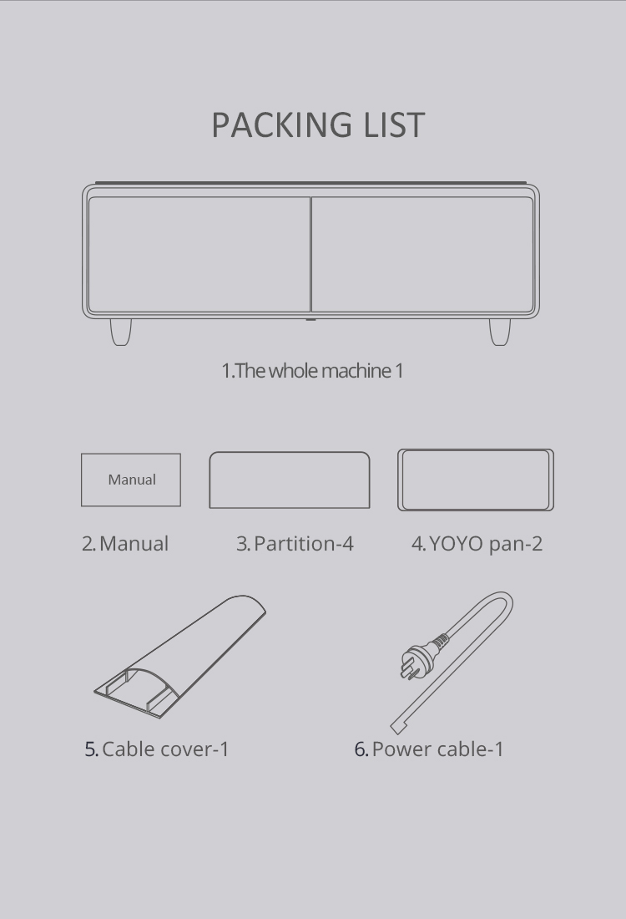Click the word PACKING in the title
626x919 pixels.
pyautogui.click(x=281, y=124)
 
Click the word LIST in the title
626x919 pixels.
pyautogui.click(x=394, y=124)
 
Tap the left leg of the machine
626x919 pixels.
pyautogui.click(x=121, y=333)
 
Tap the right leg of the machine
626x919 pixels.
pyautogui.click(x=499, y=333)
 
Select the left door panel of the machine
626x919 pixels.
pyautogui.click(x=199, y=254)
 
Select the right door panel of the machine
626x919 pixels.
pyautogui.click(x=422, y=254)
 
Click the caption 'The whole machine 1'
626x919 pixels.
pyautogui.click(x=312, y=371)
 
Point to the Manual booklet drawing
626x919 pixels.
pyautogui.click(x=130, y=480)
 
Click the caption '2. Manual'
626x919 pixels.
pyautogui.click(x=125, y=544)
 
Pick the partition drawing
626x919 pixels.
pyautogui.click(x=290, y=480)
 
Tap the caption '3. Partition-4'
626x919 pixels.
pyautogui.click(x=295, y=544)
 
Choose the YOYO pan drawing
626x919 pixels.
pyautogui.click(x=476, y=480)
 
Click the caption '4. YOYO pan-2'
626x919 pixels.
pyautogui.click(x=477, y=544)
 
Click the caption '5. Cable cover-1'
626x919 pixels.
pyautogui.click(x=156, y=749)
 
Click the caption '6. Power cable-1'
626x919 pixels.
pyautogui.click(x=429, y=749)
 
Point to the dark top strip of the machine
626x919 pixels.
pyautogui.click(x=310, y=183)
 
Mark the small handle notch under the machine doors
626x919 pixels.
pyautogui.click(x=310, y=319)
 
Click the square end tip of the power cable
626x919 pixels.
pyautogui.click(x=397, y=728)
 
